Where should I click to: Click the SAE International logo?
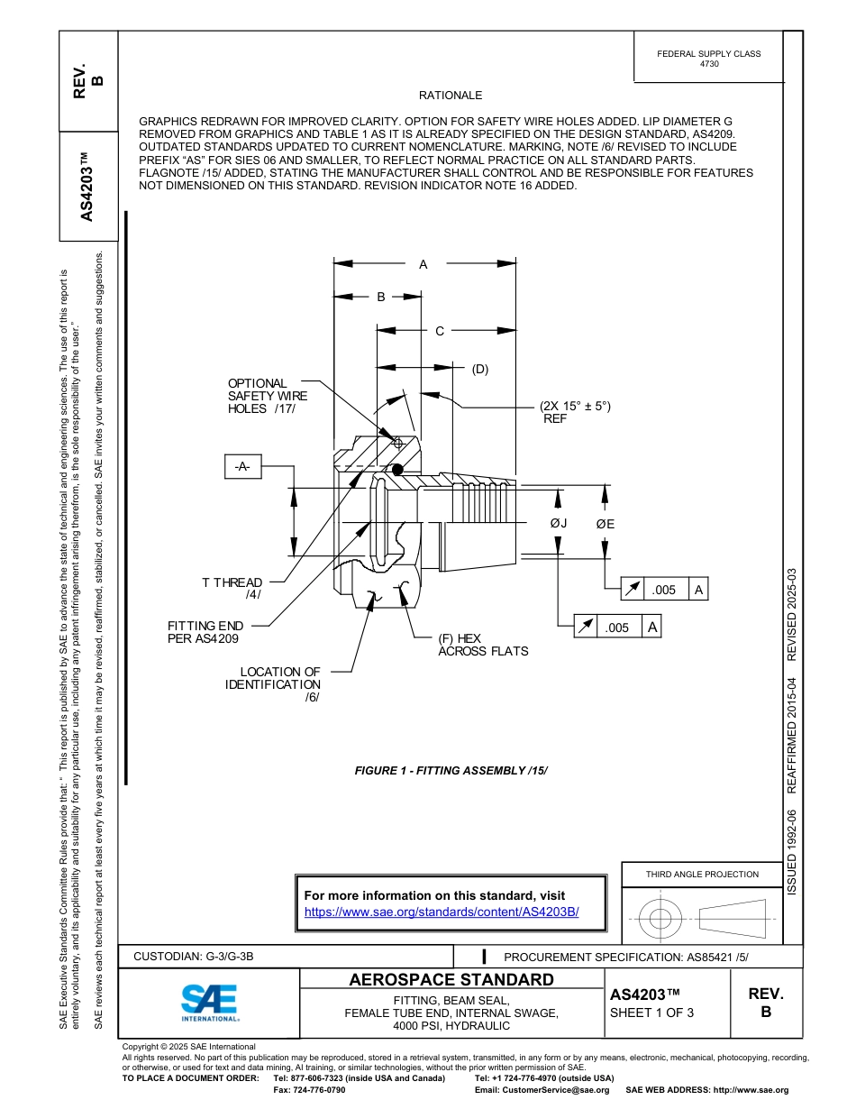209,1002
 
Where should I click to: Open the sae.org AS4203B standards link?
442,912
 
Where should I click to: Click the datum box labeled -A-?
241,466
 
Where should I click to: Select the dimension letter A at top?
423,264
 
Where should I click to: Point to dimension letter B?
381,297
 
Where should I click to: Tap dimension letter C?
440,331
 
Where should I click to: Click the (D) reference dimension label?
479,369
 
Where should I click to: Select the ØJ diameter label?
559,524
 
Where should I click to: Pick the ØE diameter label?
606,524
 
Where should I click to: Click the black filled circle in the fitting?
397,469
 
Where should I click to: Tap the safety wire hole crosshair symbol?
397,443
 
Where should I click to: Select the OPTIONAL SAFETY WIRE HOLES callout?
267,396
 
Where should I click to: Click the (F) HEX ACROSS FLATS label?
482,645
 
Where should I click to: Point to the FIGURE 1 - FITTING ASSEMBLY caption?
451,771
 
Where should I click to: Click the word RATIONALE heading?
451,96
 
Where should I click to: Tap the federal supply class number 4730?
709,65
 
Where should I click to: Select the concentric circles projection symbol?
660,919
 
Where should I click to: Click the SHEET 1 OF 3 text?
652,1012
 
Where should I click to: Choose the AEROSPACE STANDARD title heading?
451,980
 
